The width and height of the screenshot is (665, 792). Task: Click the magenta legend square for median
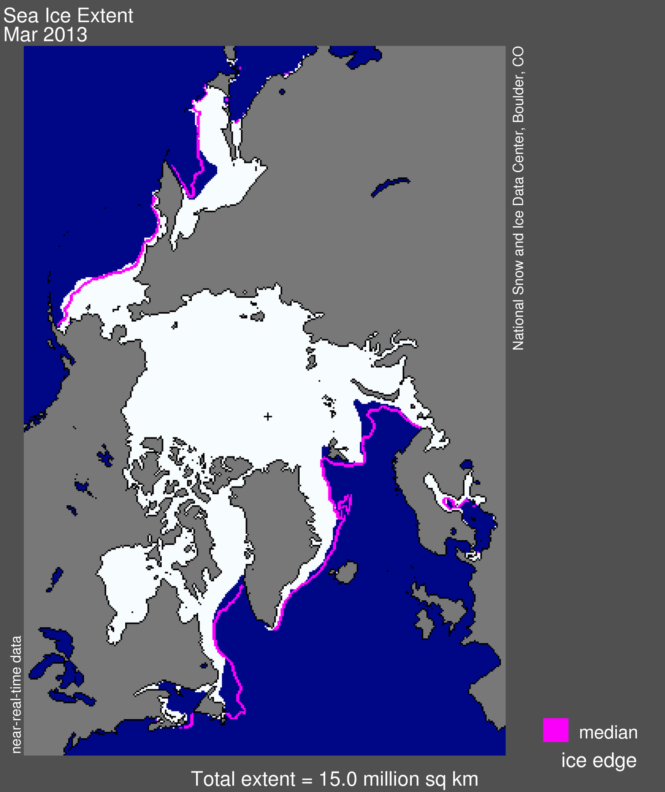(555, 730)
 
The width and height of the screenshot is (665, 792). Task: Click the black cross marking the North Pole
(268, 416)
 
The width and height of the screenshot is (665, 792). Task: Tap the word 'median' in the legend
(608, 732)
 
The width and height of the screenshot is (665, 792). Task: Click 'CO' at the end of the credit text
(518, 57)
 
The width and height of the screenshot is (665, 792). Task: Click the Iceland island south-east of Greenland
(346, 573)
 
